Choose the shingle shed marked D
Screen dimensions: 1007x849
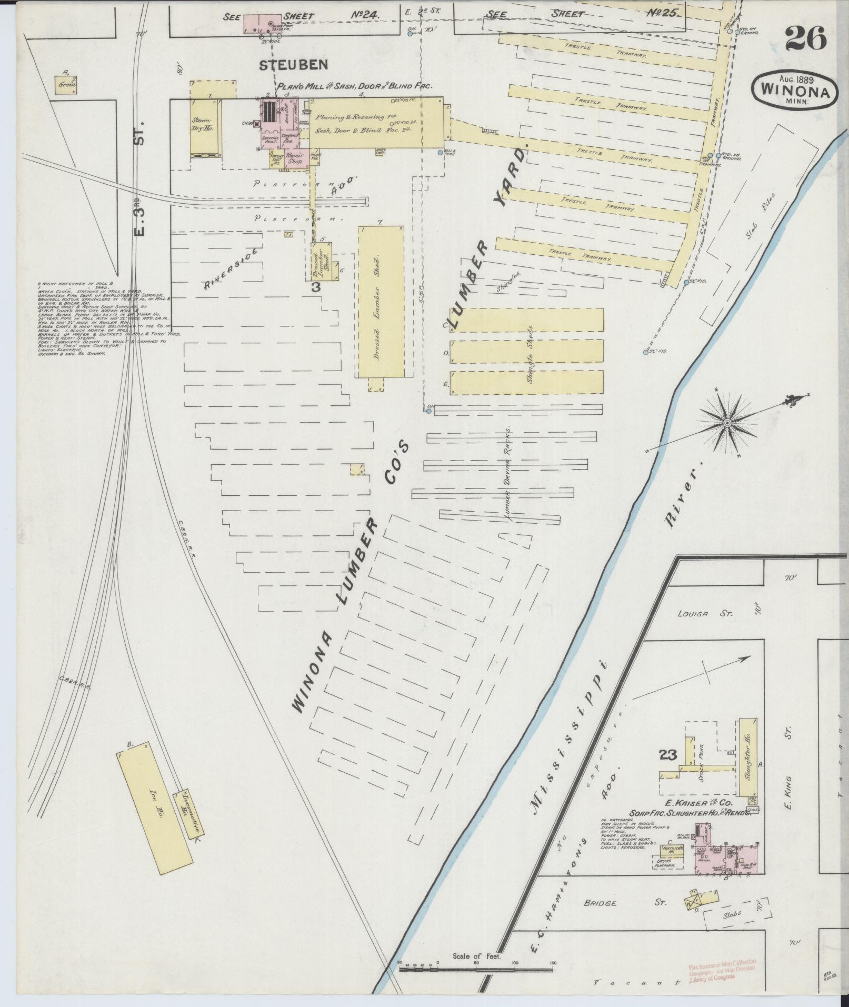click(526, 351)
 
